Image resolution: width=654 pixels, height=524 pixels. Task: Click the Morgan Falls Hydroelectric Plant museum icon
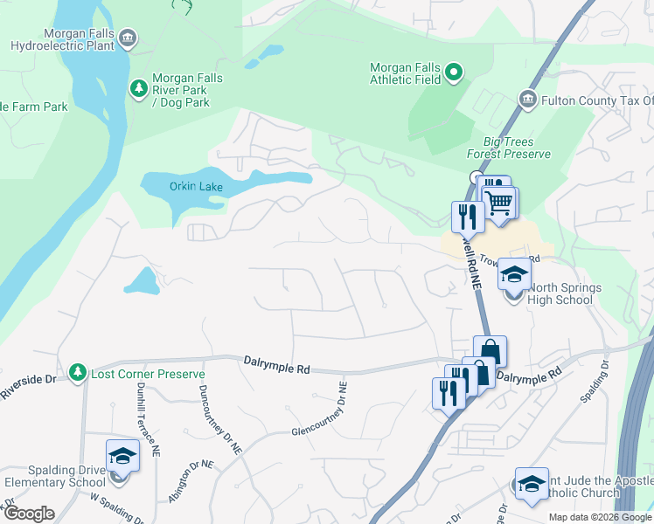pyautogui.click(x=128, y=37)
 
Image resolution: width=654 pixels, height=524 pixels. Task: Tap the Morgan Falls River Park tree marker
pyautogui.click(x=138, y=88)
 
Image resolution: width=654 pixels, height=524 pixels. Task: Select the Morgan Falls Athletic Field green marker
pyautogui.click(x=453, y=72)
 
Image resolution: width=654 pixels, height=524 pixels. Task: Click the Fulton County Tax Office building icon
pyautogui.click(x=527, y=100)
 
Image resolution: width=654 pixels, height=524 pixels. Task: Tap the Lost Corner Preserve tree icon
pyautogui.click(x=79, y=373)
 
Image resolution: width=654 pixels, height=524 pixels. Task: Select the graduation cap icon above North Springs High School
pyautogui.click(x=514, y=274)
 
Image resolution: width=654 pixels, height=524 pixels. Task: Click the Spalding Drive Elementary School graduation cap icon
pyautogui.click(x=122, y=456)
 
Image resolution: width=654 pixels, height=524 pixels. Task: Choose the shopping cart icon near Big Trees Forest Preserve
pyautogui.click(x=499, y=203)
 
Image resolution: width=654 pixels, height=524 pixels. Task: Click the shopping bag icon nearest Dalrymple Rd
pyautogui.click(x=490, y=352)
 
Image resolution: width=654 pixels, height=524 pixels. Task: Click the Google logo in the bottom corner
pyautogui.click(x=29, y=513)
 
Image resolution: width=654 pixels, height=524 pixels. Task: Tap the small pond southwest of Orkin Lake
pyautogui.click(x=142, y=279)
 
